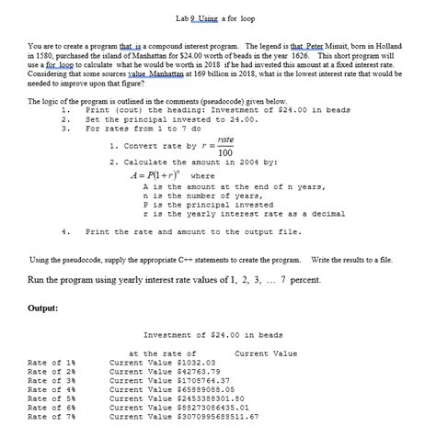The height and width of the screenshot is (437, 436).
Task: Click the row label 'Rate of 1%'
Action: pyautogui.click(x=47, y=363)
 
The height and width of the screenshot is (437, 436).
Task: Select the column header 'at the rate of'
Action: pyautogui.click(x=162, y=353)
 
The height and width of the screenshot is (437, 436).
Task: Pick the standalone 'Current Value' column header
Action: pyautogui.click(x=266, y=353)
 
